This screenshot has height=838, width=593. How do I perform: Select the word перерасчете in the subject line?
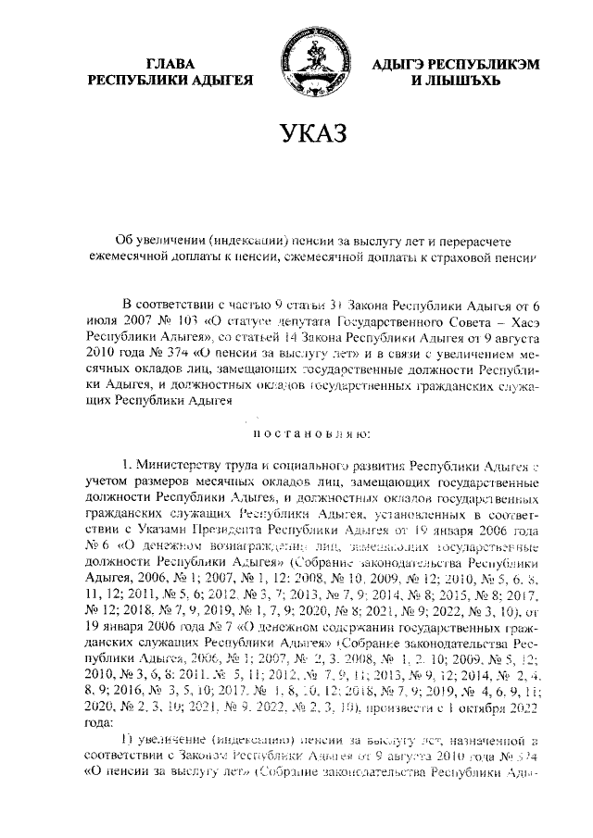473,239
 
